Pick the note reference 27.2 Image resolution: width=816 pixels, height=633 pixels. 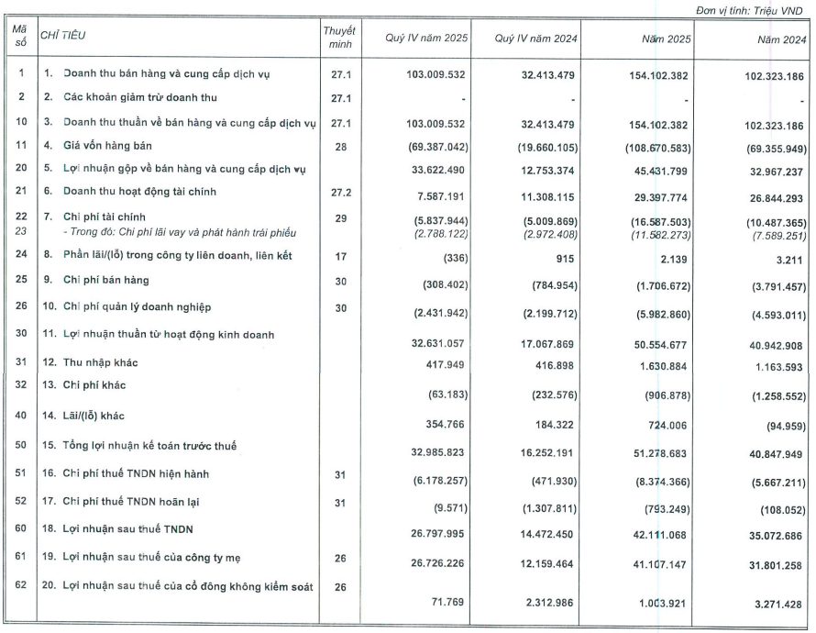(x=338, y=192)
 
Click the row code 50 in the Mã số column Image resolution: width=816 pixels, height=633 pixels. (x=21, y=446)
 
